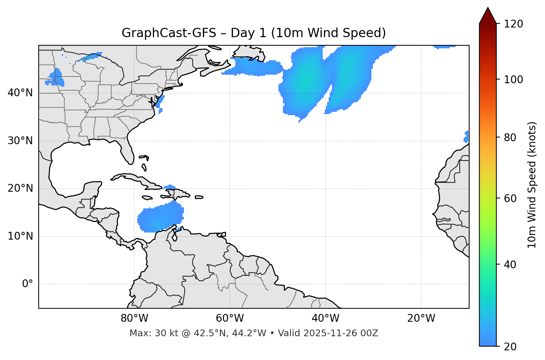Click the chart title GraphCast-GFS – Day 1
[x=254, y=33]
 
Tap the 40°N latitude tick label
[x=20, y=93]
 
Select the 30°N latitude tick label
[x=20, y=141]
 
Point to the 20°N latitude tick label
[x=20, y=188]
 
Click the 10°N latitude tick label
[x=20, y=236]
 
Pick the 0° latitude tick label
[x=28, y=284]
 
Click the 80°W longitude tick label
[x=134, y=318]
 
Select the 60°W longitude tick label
[x=230, y=318]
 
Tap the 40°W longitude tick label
[x=325, y=318]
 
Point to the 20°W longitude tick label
[x=421, y=318]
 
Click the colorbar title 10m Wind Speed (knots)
[x=532, y=185]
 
